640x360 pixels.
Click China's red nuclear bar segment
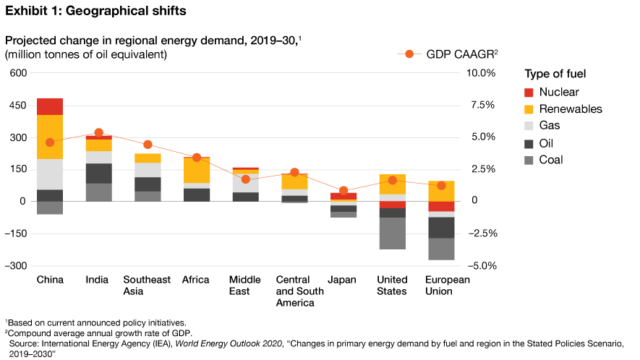tap(50, 106)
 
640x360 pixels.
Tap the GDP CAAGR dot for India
tap(99, 133)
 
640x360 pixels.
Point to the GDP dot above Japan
tap(344, 191)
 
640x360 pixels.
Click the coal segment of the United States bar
tap(393, 233)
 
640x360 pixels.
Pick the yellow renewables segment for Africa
tap(197, 170)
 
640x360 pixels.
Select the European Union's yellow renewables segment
tap(441, 191)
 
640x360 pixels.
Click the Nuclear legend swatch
tap(529, 92)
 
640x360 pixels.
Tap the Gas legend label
tap(550, 126)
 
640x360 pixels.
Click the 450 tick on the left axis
tap(17, 106)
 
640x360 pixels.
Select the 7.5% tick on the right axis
tap(481, 106)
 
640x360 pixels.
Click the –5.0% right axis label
tap(479, 265)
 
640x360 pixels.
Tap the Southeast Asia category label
tap(147, 286)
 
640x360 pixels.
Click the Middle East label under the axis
tap(239, 286)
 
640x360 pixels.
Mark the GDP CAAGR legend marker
tap(409, 54)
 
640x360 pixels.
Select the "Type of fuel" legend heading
tap(555, 74)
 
